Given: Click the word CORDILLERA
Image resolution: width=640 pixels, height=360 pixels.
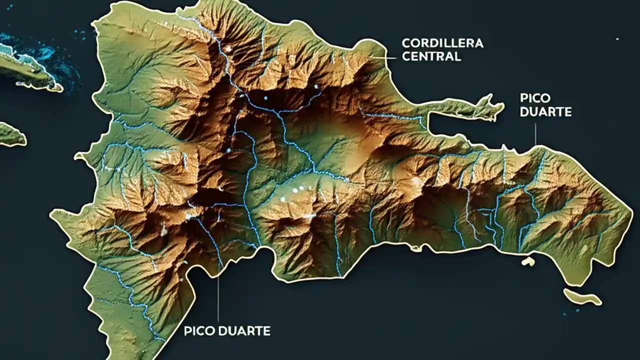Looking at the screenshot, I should click(x=442, y=43).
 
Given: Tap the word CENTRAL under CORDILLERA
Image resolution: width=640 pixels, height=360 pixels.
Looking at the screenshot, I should click(x=431, y=56).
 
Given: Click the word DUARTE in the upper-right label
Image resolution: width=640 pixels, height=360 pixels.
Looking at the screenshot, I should click(x=545, y=111).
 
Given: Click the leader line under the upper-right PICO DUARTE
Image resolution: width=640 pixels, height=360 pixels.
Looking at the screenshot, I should click(x=535, y=134).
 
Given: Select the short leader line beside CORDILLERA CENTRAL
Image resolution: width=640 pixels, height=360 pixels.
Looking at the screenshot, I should click(x=387, y=57).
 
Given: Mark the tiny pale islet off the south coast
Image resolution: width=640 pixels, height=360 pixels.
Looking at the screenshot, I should click(x=528, y=261).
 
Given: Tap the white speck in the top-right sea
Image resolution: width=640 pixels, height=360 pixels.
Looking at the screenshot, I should click(x=617, y=38).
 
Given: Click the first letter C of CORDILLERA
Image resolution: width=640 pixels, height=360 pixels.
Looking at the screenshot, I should click(x=406, y=43).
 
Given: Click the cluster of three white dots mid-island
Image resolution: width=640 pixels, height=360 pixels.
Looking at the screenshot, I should click(x=295, y=191).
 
